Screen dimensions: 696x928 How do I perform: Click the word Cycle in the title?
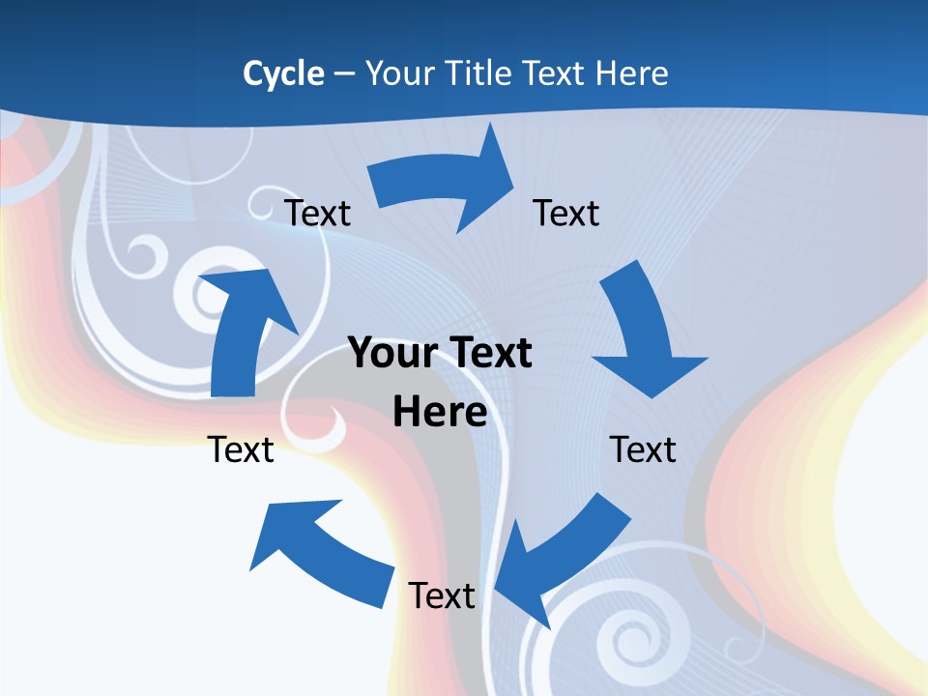283,73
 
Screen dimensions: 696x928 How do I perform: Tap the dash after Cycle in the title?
343,74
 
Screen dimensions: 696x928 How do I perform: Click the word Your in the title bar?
400,73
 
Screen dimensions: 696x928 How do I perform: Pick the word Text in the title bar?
557,73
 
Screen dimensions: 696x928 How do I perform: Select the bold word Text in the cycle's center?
487,353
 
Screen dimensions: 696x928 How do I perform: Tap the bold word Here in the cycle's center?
440,413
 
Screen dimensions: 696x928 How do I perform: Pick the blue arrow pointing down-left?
557,561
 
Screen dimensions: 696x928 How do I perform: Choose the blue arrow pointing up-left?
319,551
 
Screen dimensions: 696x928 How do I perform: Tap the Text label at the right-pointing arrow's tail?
318,213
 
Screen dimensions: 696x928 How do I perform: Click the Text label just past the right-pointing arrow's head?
566,213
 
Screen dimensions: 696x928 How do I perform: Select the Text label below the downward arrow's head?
643,449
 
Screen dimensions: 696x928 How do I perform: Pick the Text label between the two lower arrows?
442,595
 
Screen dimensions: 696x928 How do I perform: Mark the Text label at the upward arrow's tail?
242,449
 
